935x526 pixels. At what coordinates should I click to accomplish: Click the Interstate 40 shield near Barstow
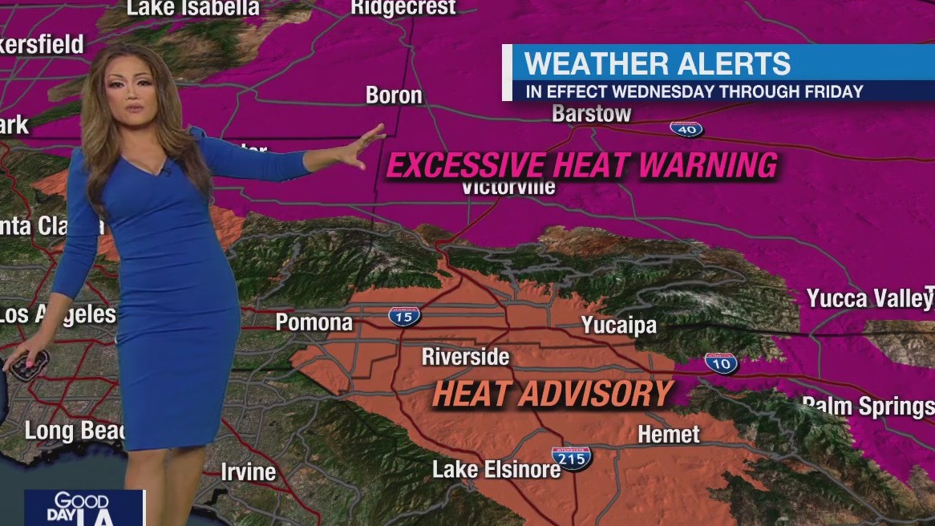686,128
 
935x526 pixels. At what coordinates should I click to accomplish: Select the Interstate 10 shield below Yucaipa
721,362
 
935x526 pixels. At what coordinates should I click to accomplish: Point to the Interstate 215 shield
572,458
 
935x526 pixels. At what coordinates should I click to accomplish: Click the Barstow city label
592,114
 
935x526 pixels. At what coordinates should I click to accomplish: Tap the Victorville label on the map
508,187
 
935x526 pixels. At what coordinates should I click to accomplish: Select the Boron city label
394,95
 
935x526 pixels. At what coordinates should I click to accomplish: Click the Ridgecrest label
403,8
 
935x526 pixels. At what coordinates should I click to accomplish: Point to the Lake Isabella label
193,8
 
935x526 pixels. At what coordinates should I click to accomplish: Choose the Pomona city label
314,322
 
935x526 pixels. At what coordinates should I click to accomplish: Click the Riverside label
466,356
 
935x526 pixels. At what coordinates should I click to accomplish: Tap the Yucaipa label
619,325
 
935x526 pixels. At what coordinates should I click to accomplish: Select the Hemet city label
669,435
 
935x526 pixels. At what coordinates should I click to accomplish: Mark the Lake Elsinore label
496,469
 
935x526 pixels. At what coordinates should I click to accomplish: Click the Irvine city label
249,471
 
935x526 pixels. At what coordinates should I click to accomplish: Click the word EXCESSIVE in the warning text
467,166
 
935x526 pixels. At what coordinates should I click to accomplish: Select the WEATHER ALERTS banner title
658,63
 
